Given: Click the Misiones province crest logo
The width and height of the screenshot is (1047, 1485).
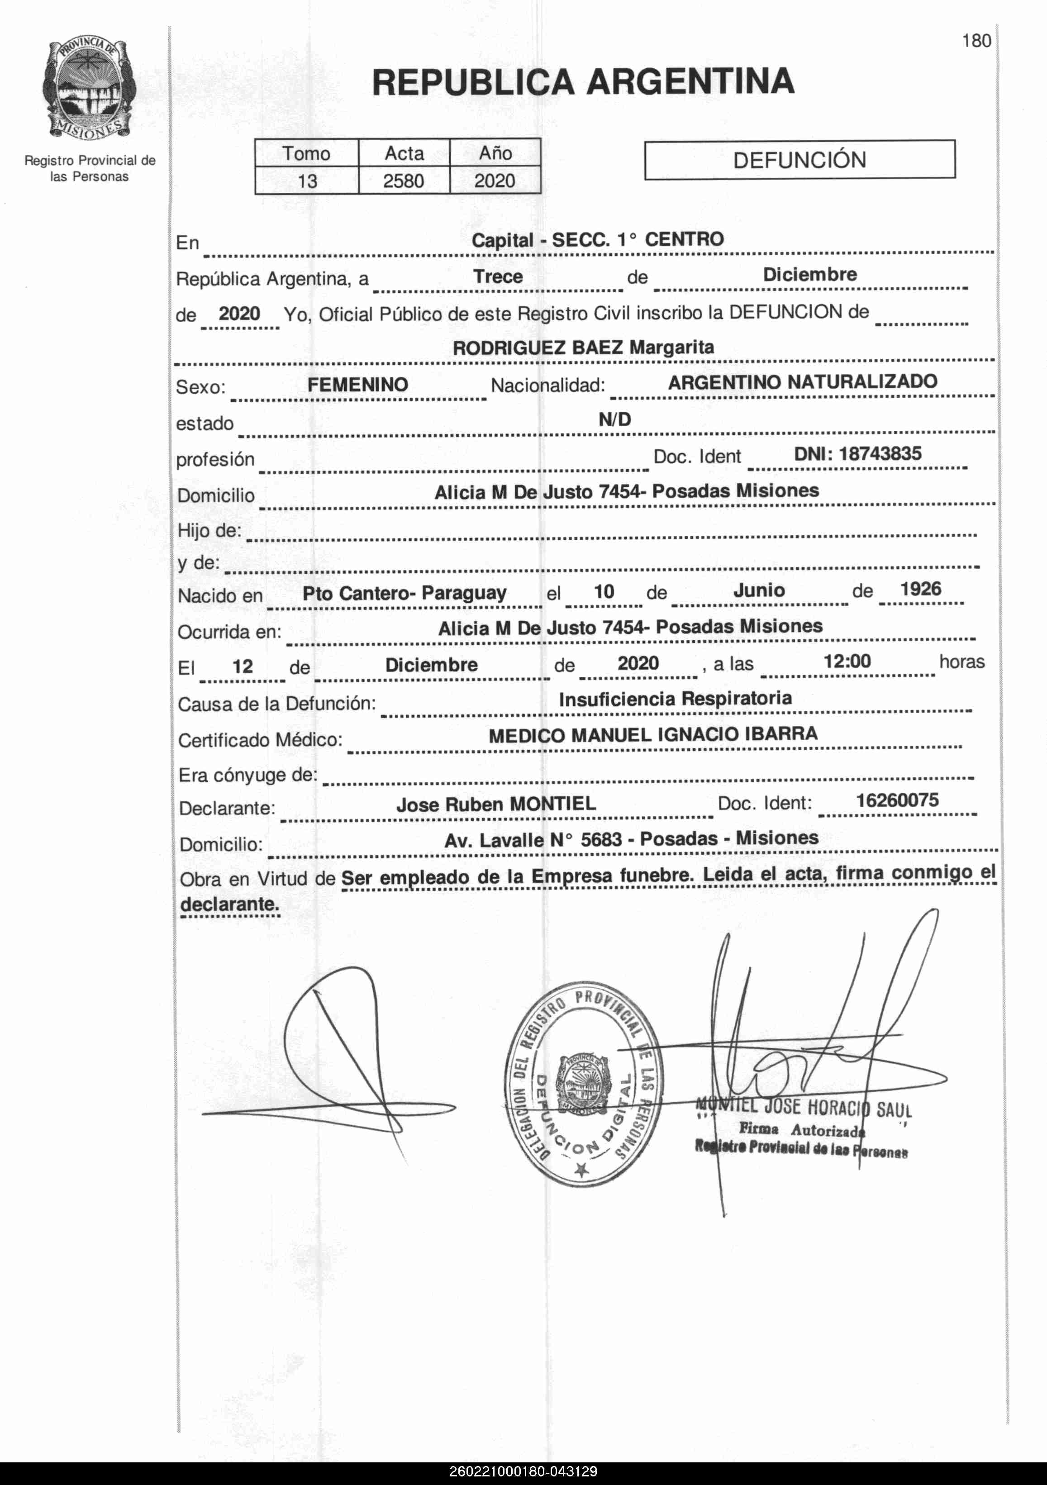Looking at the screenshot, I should point(89,89).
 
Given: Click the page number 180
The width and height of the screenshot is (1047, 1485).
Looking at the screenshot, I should point(976,41).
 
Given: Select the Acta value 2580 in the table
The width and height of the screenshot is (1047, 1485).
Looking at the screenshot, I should point(404,181).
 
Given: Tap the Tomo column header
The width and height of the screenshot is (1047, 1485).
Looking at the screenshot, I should point(306,153).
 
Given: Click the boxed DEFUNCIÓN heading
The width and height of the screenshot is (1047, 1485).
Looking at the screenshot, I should point(800,160).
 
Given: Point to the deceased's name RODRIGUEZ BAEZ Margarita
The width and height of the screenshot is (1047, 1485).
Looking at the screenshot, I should point(583,347).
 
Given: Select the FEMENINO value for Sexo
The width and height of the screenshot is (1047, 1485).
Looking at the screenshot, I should point(357,385).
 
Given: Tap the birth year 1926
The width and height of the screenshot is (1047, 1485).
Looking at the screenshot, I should point(921,589).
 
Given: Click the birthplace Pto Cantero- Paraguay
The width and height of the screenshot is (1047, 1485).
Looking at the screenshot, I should point(404,593).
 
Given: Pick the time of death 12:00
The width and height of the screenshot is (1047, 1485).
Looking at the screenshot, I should point(847,661).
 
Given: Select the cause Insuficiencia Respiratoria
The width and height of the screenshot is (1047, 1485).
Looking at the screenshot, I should point(675,699).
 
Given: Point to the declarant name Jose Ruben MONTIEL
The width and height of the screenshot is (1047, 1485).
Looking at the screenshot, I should point(496,804).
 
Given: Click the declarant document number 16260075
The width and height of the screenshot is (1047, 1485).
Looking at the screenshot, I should point(897,800).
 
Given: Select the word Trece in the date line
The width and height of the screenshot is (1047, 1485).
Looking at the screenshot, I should point(498,277).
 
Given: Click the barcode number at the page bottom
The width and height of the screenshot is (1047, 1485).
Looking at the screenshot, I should point(523,1472).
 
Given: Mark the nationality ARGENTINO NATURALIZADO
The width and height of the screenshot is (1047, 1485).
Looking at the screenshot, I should point(803,381).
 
